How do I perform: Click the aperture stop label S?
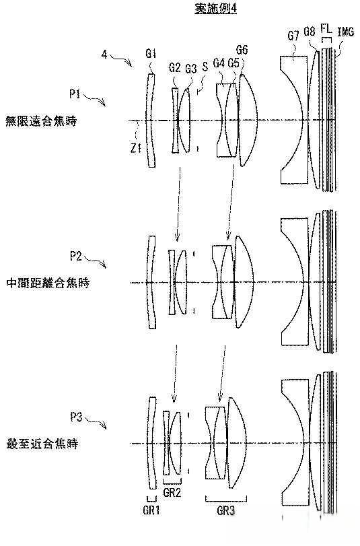point(205,67)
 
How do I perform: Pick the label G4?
point(219,63)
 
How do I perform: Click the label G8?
point(310,31)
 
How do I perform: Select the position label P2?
point(76,256)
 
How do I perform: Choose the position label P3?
point(76,419)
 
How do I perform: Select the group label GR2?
point(172,492)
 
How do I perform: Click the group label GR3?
point(225,510)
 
